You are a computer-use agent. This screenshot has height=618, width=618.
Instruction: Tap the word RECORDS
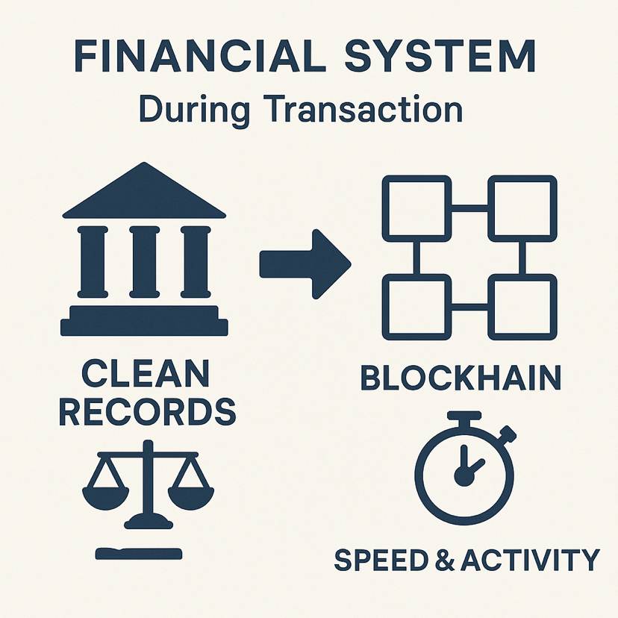tap(147, 412)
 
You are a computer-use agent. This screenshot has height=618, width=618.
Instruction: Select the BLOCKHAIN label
tap(461, 378)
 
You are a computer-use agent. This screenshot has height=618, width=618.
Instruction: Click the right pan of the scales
tap(190, 492)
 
